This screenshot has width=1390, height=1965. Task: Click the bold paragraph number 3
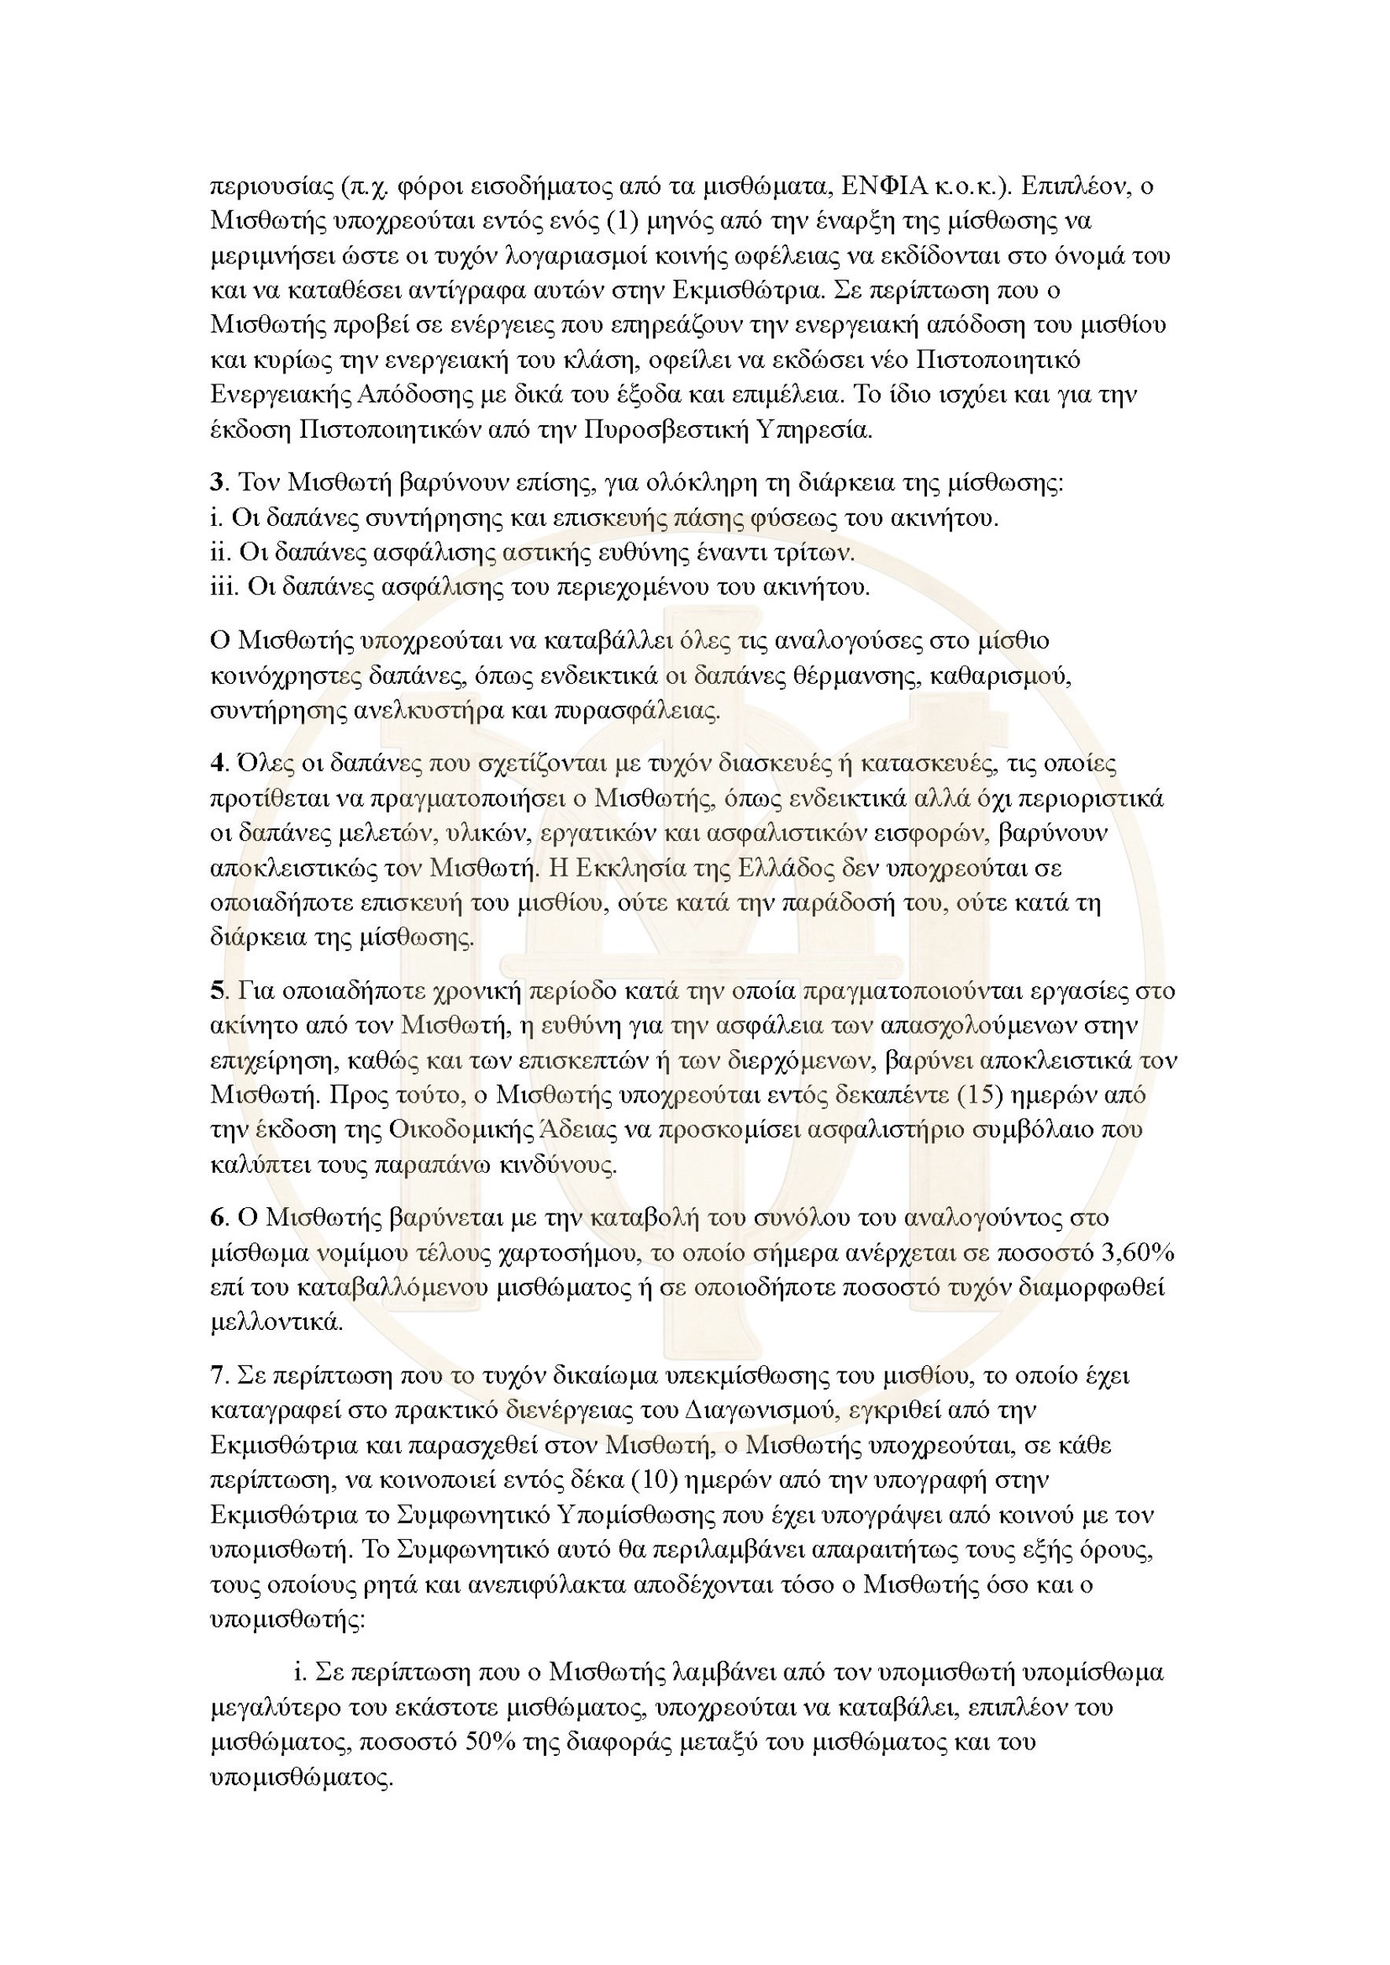tap(216, 483)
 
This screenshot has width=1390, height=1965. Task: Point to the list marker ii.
tap(220, 553)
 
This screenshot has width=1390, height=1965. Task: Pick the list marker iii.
tap(223, 587)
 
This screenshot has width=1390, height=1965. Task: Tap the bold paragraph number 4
tap(216, 762)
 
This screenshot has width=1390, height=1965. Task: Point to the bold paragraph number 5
tap(216, 990)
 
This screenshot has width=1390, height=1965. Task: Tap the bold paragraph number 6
tap(216, 1217)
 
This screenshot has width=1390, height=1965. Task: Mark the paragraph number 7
tap(216, 1375)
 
